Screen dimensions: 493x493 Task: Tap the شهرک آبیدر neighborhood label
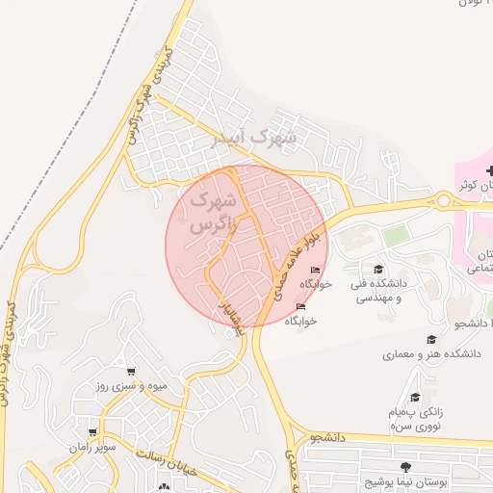[x=254, y=140]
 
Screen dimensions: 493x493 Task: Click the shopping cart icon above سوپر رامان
[x=92, y=432]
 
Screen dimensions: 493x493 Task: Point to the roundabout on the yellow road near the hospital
[x=444, y=200]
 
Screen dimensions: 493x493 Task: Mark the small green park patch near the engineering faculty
[x=396, y=236]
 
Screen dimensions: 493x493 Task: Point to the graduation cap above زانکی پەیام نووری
[x=415, y=397]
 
